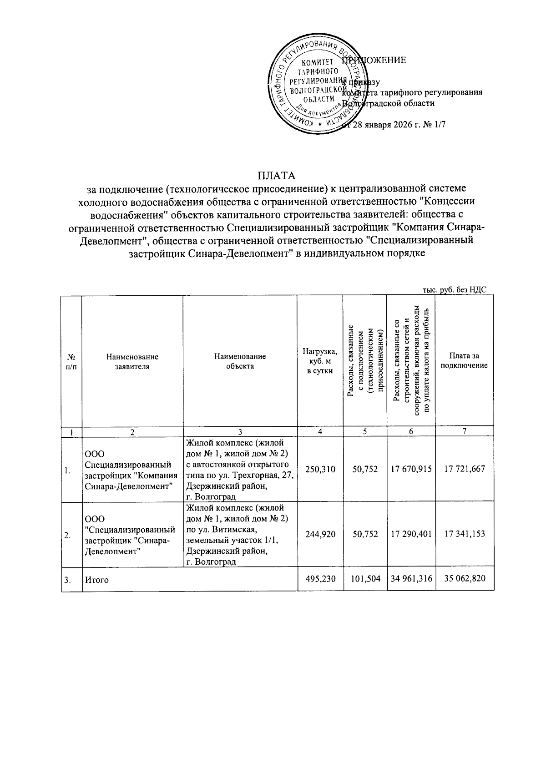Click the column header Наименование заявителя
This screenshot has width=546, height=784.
pos(132,361)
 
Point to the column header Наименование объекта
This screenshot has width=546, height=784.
pos(240,361)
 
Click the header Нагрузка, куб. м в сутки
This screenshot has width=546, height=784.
pos(320,361)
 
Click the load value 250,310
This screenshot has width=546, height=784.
pos(320,469)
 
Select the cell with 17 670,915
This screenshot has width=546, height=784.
pos(411,469)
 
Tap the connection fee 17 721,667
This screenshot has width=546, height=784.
pos(465,469)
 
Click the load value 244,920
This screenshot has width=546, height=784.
pos(320,534)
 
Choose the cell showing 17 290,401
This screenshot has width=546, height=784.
pos(411,534)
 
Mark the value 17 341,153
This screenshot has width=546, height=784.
pos(465,534)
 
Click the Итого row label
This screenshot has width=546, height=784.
pos(96,580)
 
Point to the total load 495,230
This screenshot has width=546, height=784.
pos(320,578)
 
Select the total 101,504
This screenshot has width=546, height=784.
pos(365,578)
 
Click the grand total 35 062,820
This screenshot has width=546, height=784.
pos(465,578)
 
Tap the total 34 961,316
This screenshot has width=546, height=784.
pos(411,578)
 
